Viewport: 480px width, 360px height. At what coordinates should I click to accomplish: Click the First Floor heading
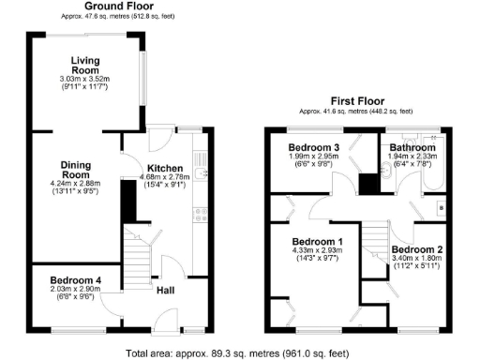pos(357,100)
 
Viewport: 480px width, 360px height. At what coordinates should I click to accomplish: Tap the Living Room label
pos(85,66)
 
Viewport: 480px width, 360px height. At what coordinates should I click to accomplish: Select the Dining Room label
pos(76,170)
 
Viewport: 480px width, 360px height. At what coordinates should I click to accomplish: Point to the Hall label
pos(164,291)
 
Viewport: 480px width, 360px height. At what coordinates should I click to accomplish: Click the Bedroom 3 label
pos(314,148)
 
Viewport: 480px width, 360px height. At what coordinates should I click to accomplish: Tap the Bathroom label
pos(412,148)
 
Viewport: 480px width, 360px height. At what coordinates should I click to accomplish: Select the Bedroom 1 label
pos(314,241)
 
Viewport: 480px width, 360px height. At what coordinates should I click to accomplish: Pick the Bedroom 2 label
pos(417,249)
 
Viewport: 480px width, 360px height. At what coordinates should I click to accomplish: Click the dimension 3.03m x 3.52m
pos(85,80)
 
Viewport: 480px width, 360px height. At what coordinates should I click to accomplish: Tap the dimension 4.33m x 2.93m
pos(314,251)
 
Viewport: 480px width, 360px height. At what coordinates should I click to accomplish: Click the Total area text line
pos(239,352)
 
